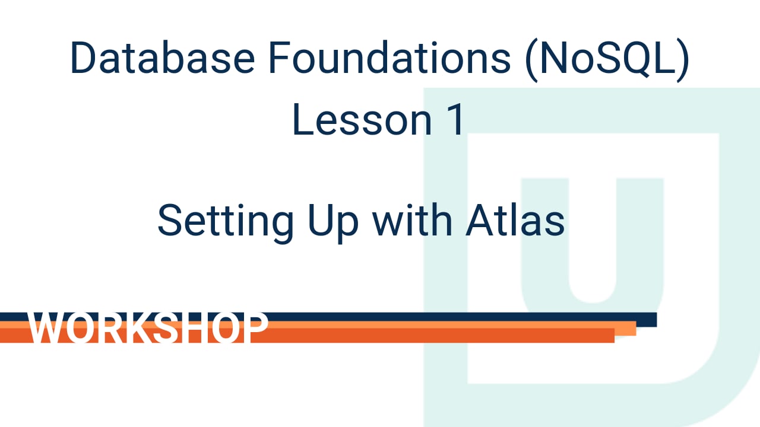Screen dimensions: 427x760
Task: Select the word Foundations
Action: click(x=379, y=58)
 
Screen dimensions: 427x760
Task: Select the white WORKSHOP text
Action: click(x=148, y=328)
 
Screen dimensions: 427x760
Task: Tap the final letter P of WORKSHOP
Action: click(x=255, y=328)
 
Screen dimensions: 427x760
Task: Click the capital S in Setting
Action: click(x=170, y=220)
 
